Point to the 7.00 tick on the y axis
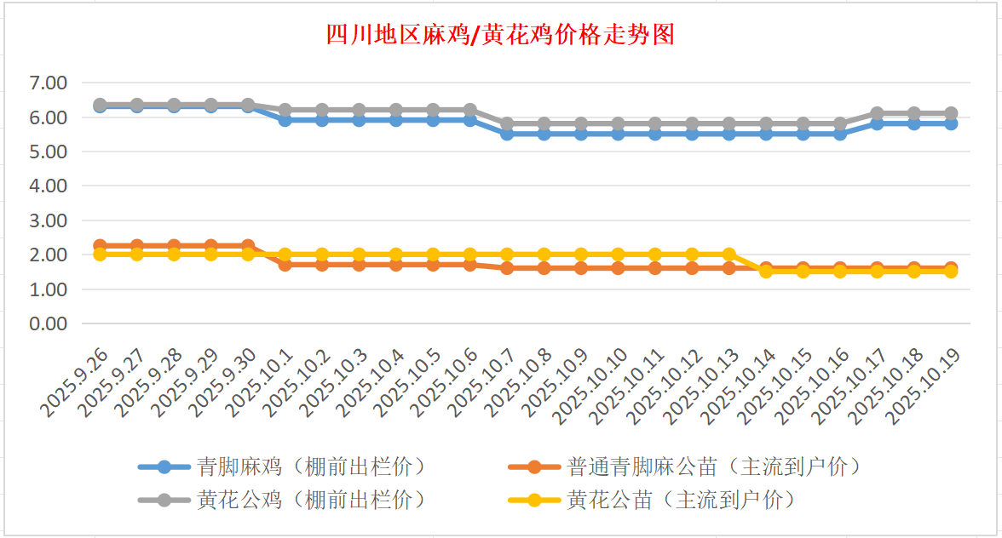48,83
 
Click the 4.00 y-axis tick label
48,186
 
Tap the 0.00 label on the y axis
48,323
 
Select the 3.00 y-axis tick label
48,220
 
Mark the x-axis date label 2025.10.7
485,384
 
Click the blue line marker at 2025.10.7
507,134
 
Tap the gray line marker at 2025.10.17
877,113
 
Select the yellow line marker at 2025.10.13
729,255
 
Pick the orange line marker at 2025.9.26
100,246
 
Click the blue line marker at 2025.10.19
951,123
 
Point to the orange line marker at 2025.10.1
285,265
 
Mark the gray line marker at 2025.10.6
469,110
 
